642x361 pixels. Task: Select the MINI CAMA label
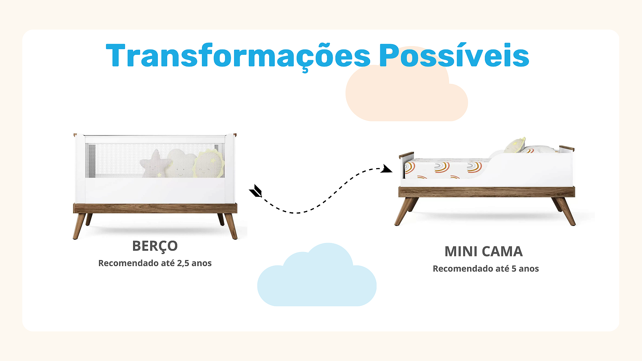coord(484,251)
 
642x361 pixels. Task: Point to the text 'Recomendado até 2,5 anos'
coord(155,263)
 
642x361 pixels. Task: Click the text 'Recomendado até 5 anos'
coord(486,268)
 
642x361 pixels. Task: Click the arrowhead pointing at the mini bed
coord(387,169)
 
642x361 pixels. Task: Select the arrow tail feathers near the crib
coord(256,191)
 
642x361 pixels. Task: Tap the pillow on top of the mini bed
coord(515,145)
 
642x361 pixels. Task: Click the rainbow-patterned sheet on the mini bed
coord(445,169)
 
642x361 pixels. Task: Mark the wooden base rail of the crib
coord(155,208)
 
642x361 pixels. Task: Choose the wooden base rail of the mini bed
coord(487,192)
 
